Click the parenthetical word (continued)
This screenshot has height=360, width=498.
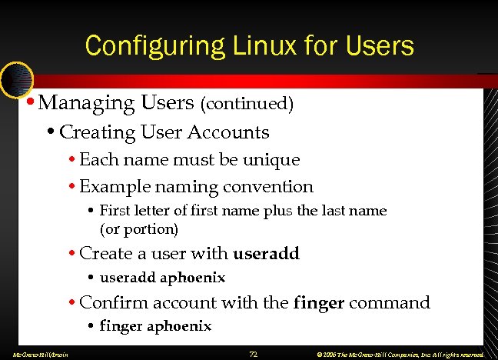coord(247,103)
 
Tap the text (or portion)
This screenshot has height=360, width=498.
coord(139,228)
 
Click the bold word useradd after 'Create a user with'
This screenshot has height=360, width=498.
coord(266,253)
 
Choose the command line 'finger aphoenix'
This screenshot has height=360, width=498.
coord(155,326)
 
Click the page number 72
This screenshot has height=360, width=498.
coord(253,353)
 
